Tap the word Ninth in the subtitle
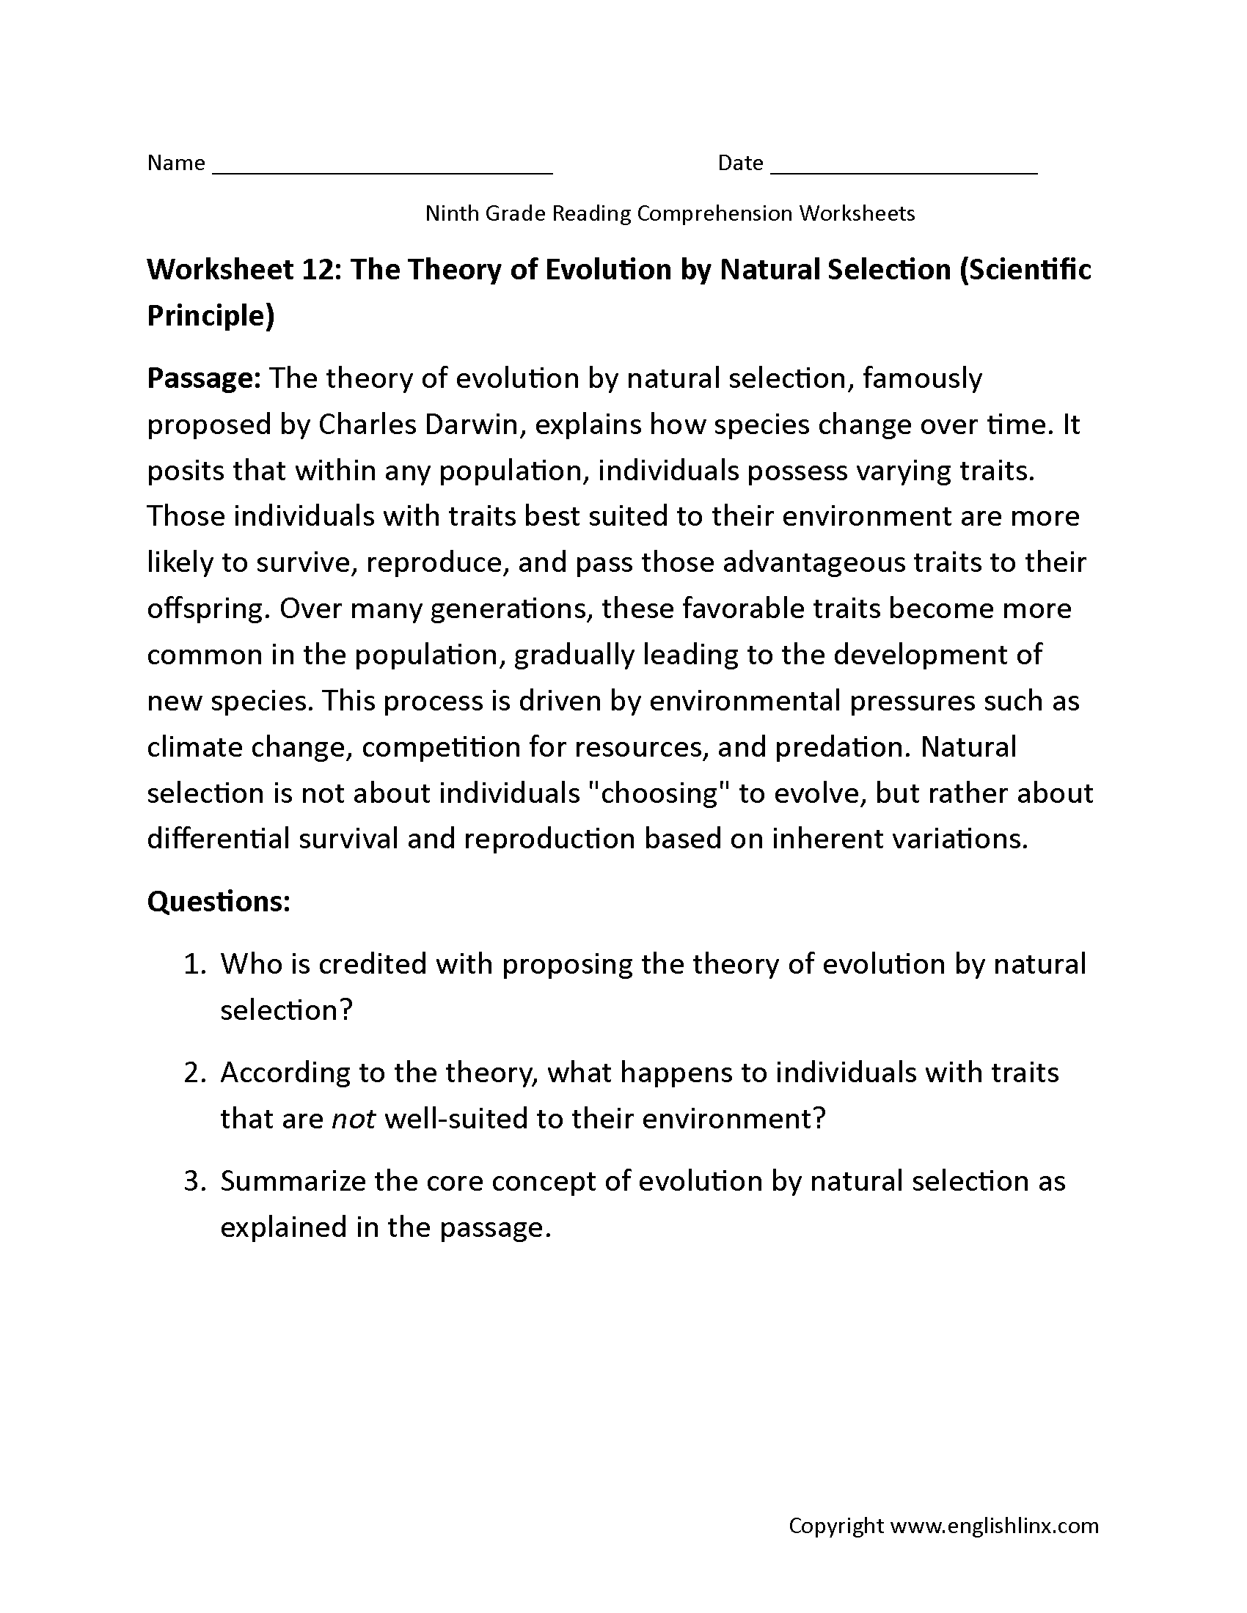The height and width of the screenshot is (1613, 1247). point(451,213)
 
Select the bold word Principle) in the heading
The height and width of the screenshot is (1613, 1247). point(211,315)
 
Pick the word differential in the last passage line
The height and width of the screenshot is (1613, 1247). point(218,839)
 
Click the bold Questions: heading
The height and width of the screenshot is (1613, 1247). point(218,901)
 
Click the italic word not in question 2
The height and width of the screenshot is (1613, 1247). point(354,1119)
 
